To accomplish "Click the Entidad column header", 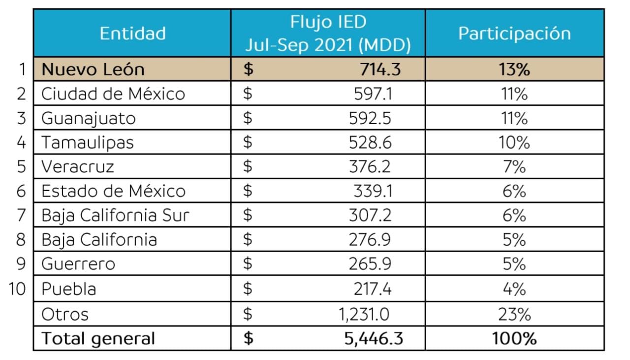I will (132, 33).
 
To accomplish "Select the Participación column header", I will (514, 33).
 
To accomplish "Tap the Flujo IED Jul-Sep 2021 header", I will (328, 33).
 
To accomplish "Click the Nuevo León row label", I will (93, 69).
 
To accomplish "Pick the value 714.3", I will (380, 69).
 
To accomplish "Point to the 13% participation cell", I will (514, 69).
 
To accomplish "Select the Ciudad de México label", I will (113, 94).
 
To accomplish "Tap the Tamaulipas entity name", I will (88, 142).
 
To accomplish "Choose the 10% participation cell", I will (514, 142).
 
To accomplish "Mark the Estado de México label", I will (113, 191).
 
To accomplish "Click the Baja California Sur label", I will (115, 215).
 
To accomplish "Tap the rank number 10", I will (17, 288).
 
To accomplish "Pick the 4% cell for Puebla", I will (514, 288).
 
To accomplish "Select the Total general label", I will (98, 338).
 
